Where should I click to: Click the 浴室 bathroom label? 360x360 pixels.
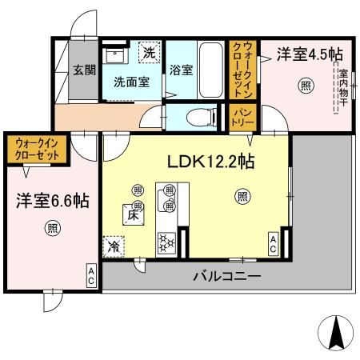180,70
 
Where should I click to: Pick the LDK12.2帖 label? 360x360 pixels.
210,162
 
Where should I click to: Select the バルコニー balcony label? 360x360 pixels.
226,277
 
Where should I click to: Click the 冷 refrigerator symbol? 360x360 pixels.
114,246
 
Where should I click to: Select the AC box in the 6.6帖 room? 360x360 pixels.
91,277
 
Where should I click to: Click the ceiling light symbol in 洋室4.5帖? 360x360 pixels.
304,85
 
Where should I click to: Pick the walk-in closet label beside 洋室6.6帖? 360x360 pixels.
37,150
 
